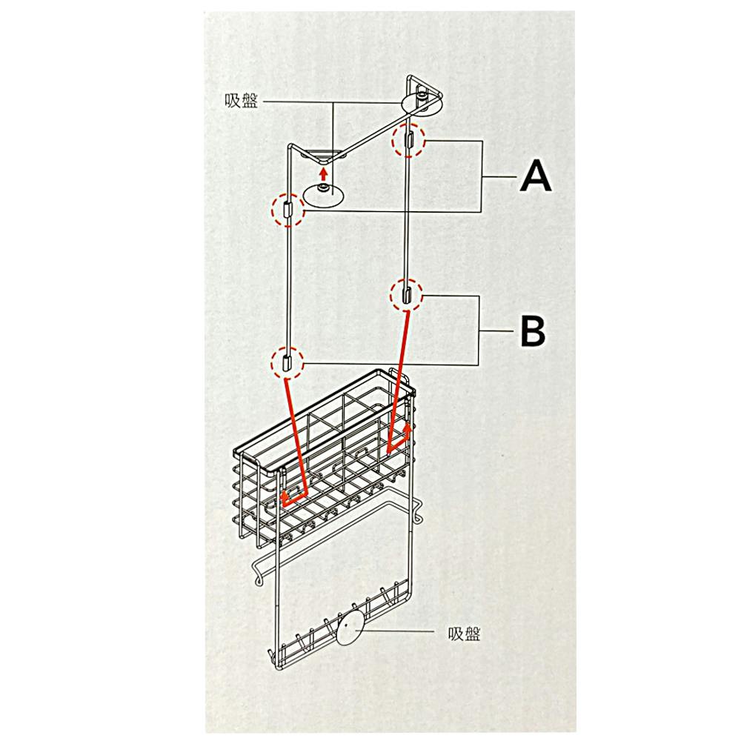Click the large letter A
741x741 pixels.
click(x=536, y=176)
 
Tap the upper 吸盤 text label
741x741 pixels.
click(x=242, y=101)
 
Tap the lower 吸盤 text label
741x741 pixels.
click(x=464, y=634)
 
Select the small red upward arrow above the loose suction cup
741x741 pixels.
click(x=323, y=174)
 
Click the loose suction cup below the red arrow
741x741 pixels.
click(x=324, y=196)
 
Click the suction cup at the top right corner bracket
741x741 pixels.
click(x=422, y=103)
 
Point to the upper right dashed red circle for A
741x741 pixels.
click(x=409, y=140)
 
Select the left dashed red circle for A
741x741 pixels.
click(x=288, y=210)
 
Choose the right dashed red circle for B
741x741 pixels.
click(x=406, y=295)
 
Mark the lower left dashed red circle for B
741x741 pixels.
click(x=287, y=363)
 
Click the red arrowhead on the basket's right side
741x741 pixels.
click(x=407, y=428)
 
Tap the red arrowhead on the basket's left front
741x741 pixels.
click(x=285, y=496)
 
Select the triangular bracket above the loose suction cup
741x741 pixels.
click(x=323, y=156)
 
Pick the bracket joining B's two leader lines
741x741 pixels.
click(x=479, y=330)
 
